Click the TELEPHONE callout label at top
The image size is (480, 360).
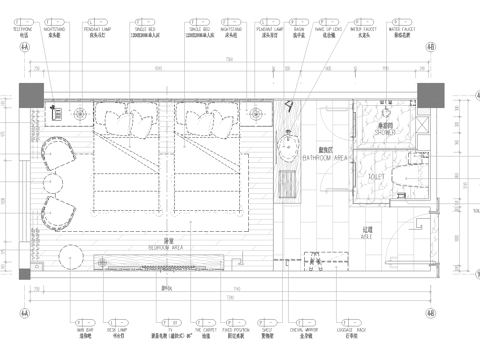point(21,30)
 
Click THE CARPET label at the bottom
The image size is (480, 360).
point(206,328)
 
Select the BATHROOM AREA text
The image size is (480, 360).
point(324,158)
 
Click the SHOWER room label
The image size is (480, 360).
point(385,130)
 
